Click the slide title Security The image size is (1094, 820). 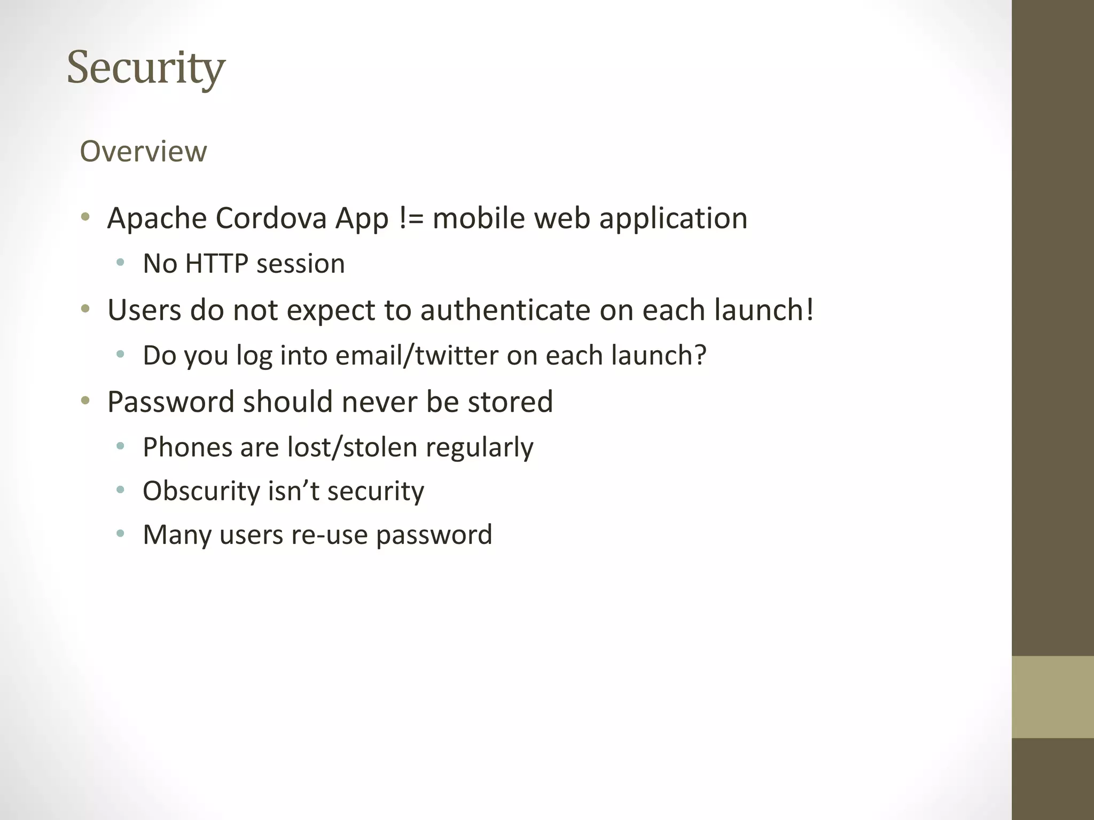click(x=146, y=68)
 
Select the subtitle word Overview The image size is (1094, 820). click(x=143, y=151)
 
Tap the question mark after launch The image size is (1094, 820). click(x=700, y=355)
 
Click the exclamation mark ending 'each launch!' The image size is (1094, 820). click(x=810, y=310)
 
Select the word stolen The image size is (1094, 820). click(x=380, y=447)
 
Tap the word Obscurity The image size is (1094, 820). click(x=201, y=491)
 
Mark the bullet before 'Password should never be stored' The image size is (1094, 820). click(x=85, y=400)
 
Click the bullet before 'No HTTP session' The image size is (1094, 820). click(x=120, y=263)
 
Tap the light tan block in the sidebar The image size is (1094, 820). click(x=1052, y=697)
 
